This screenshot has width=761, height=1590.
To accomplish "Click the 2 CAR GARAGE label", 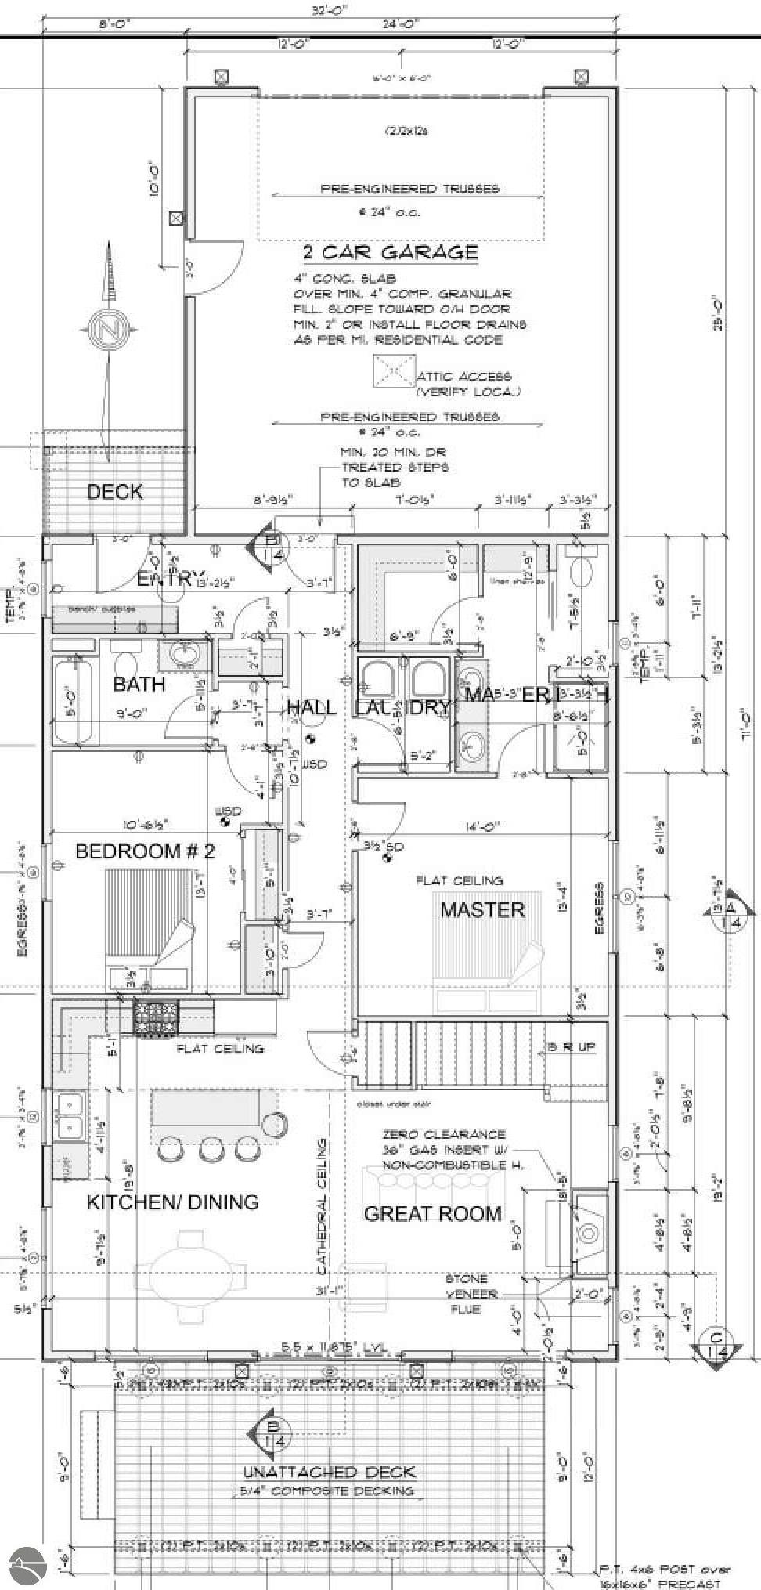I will [x=390, y=252].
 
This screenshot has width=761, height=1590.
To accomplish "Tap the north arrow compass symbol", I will [x=107, y=330].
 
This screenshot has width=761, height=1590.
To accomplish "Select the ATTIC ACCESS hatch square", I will [x=395, y=370].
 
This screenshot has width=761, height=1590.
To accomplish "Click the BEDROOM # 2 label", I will [x=145, y=851].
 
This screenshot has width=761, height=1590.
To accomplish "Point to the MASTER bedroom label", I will [x=481, y=909].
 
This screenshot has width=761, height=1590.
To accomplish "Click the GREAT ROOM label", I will [x=432, y=1213].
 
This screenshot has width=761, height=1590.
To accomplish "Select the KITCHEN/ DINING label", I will [x=172, y=1202].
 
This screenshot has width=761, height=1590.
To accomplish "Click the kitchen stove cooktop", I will [x=156, y=1018].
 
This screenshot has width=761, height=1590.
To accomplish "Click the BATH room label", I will [x=139, y=684].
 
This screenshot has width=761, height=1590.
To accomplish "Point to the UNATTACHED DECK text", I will [x=329, y=1472].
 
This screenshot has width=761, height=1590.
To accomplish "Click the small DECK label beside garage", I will [x=114, y=492].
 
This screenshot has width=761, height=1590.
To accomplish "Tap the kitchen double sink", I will [x=70, y=1115].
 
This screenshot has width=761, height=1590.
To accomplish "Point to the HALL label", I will [x=312, y=708].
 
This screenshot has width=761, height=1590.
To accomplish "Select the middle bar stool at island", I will [x=212, y=1150].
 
